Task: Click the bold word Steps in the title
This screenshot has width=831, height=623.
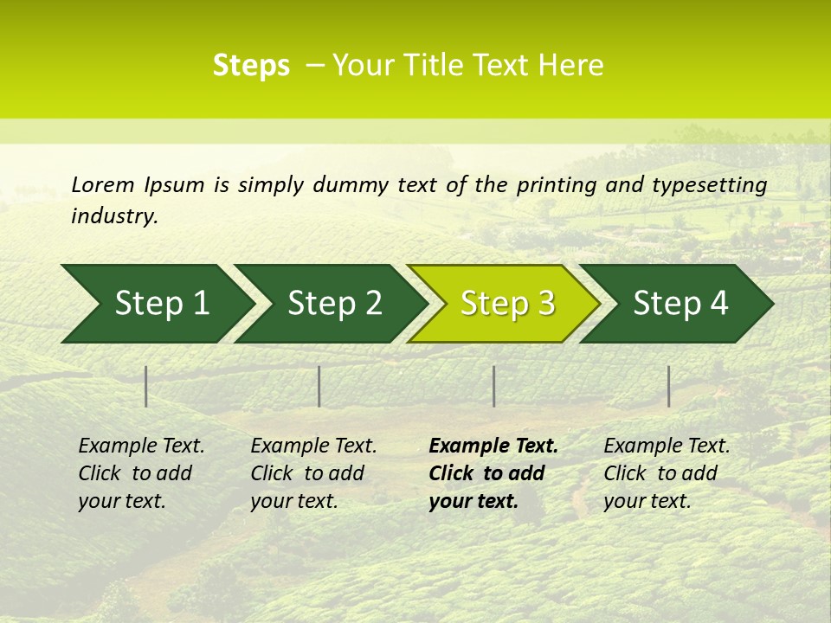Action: coord(251,66)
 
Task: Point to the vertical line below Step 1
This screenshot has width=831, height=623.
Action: coord(146,386)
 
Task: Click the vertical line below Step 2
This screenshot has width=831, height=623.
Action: coord(319,386)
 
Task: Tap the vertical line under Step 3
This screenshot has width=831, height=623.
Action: coord(493,386)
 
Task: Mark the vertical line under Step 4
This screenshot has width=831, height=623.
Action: coord(668,386)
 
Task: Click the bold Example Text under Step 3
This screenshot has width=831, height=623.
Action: coord(493,446)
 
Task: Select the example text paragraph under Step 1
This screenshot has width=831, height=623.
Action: coord(141,473)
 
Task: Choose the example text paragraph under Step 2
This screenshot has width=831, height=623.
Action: coord(313,473)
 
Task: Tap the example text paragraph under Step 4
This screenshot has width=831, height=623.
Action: coord(667,473)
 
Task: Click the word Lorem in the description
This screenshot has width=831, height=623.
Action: coord(102,185)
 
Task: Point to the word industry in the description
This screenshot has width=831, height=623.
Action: coord(114,216)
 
